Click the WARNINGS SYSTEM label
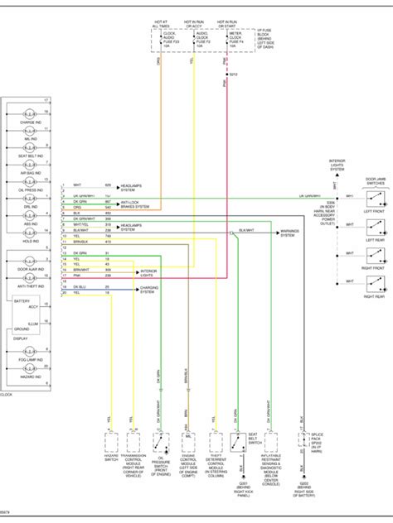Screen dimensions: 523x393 coord(289,234)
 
